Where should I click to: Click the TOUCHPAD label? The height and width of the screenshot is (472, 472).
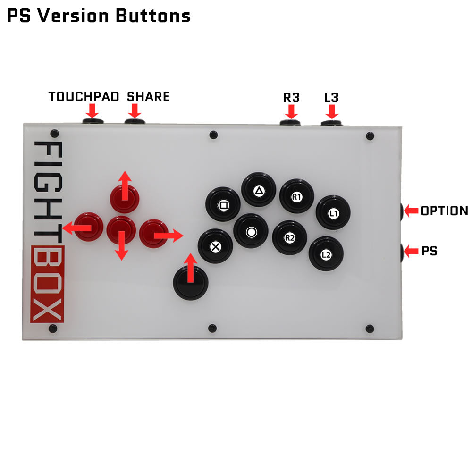pyautogui.click(x=83, y=97)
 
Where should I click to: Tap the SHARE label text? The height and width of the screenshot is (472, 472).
pyautogui.click(x=148, y=97)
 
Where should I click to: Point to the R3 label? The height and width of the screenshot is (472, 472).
pyautogui.click(x=291, y=98)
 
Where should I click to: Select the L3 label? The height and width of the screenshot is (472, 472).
pyautogui.click(x=331, y=98)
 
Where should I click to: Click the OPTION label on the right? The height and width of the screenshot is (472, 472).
pyautogui.click(x=444, y=211)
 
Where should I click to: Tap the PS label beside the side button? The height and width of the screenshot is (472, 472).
pyautogui.click(x=429, y=251)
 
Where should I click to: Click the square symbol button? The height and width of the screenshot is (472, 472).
pyautogui.click(x=223, y=205)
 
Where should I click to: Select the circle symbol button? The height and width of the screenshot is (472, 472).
pyautogui.click(x=251, y=231)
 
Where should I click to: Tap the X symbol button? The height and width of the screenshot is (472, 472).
pyautogui.click(x=215, y=246)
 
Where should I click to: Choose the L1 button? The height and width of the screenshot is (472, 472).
pyautogui.click(x=333, y=213)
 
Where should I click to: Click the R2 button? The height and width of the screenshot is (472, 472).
pyautogui.click(x=290, y=238)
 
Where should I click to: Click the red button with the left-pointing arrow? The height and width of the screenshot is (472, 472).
pyautogui.click(x=88, y=227)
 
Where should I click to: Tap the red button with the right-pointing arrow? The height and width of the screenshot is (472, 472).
pyautogui.click(x=153, y=233)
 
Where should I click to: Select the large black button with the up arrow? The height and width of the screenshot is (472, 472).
pyautogui.click(x=191, y=282)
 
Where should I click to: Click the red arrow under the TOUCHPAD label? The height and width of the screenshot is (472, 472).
pyautogui.click(x=93, y=111)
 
